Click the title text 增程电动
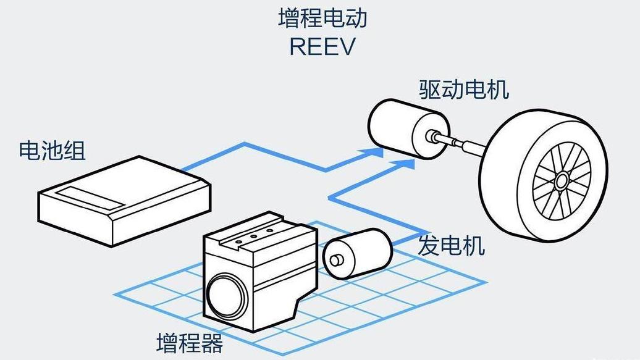point(322,18)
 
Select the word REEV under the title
point(322,47)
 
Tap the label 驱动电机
point(464,90)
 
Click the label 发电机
point(451,246)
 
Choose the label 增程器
point(190,343)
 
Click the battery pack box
point(124,204)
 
